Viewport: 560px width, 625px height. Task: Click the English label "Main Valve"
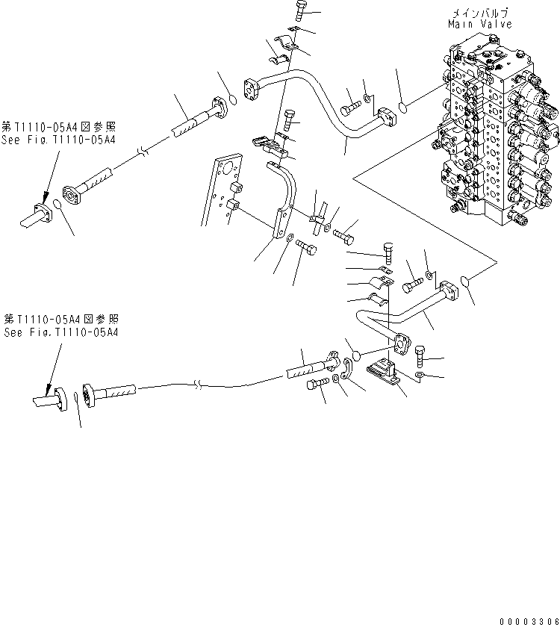point(480,24)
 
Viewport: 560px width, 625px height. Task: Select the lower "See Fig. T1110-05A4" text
point(60,332)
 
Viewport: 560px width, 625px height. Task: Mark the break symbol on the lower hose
point(197,387)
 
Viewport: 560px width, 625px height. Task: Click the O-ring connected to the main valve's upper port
point(404,107)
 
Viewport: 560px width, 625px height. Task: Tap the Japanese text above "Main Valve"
point(480,13)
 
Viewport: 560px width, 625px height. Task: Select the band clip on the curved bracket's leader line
point(317,220)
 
